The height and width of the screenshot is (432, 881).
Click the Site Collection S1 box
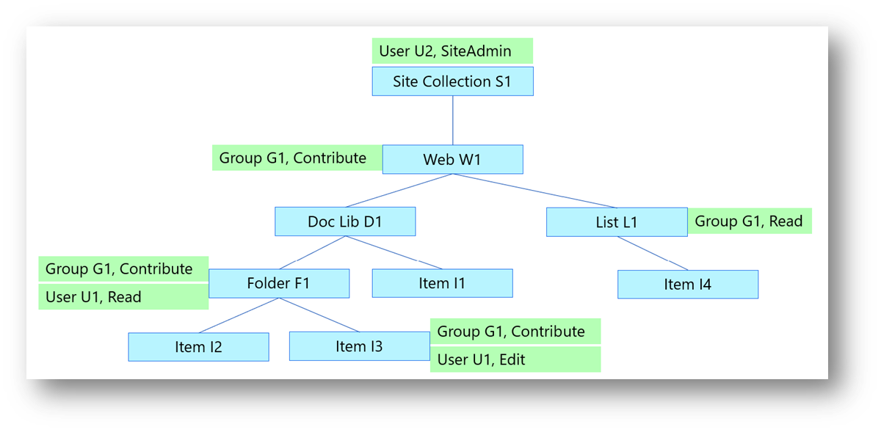click(x=452, y=81)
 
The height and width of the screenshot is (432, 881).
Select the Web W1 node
click(x=452, y=159)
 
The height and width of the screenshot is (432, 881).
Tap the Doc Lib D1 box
click(x=345, y=222)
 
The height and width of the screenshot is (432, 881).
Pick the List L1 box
click(x=617, y=222)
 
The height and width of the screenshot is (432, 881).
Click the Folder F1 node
click(x=279, y=283)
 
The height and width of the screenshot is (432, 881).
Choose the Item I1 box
click(x=442, y=283)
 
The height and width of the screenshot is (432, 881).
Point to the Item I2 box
click(x=198, y=347)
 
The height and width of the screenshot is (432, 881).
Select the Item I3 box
click(x=359, y=346)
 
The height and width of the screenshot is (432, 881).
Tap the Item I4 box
click(x=687, y=284)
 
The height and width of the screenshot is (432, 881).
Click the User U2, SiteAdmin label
click(x=452, y=51)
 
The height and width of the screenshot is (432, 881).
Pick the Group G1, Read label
click(x=749, y=221)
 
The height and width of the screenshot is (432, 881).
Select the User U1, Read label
click(x=123, y=297)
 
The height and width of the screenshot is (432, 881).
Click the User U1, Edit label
click(x=515, y=359)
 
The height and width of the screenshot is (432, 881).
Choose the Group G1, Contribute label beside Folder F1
click(x=123, y=269)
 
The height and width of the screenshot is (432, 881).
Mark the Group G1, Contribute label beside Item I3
click(x=515, y=332)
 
